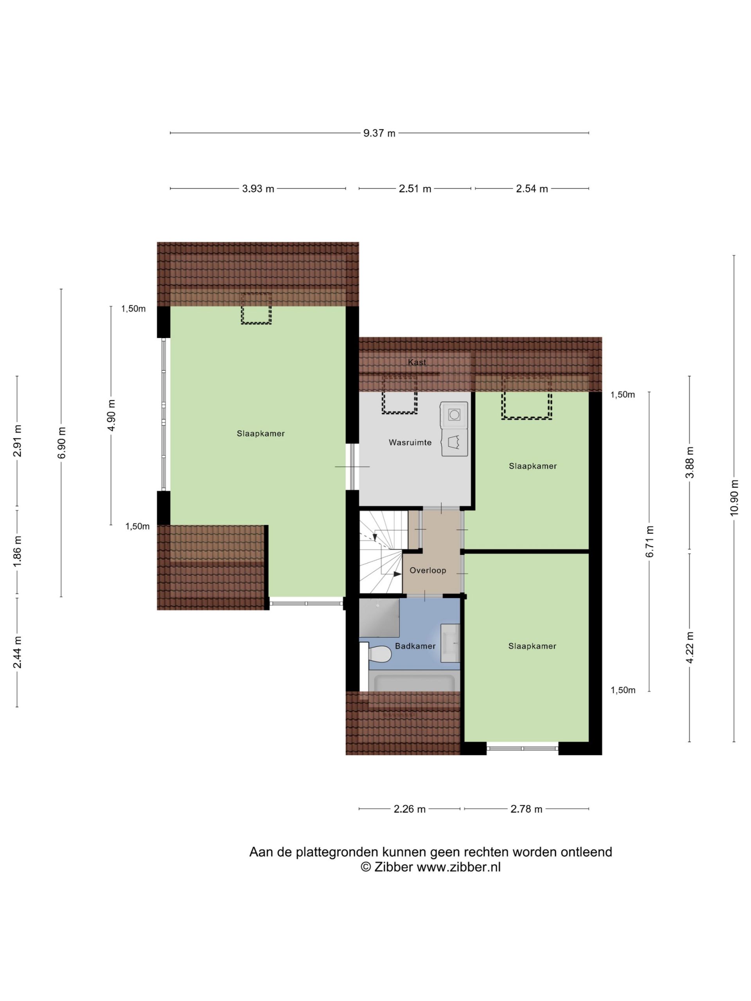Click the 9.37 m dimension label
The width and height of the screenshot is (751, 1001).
tap(379, 133)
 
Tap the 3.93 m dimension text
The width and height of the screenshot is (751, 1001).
tap(258, 189)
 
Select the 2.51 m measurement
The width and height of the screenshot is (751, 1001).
tap(415, 189)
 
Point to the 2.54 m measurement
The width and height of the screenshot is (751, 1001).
tap(532, 189)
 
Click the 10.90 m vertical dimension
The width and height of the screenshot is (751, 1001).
tap(734, 497)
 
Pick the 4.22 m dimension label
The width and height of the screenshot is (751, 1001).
tap(690, 648)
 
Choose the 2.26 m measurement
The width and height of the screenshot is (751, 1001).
tap(410, 809)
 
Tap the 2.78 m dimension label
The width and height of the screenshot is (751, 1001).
tap(526, 809)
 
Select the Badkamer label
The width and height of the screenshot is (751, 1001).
tap(415, 646)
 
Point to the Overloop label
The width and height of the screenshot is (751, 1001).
tap(428, 570)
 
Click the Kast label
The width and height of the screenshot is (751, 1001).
tap(417, 362)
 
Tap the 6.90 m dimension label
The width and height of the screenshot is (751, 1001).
tap(61, 443)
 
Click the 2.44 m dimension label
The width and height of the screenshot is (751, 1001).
tap(17, 652)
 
